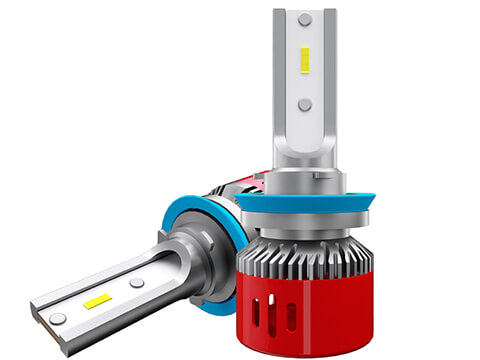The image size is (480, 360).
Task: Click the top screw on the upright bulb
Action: tap(304, 20)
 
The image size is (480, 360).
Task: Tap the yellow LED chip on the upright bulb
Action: tap(305, 62)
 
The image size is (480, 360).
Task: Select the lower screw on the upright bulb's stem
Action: tap(304, 104)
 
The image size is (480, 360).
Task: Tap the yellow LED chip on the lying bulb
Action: tap(97, 300)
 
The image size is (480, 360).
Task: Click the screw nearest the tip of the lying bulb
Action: tap(59, 318)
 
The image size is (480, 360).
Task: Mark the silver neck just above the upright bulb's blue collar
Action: tap(304, 181)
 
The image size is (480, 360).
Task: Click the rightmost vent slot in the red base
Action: tap(301, 312)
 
